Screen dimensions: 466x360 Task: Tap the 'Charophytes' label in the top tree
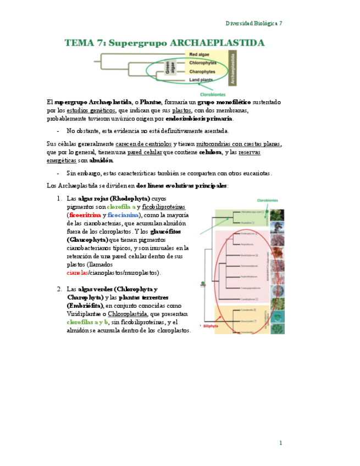pyautogui.click(x=202, y=71)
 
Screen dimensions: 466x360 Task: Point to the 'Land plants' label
pyautogui.click(x=201, y=80)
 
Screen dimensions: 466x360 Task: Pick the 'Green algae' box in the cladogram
pyautogui.click(x=170, y=68)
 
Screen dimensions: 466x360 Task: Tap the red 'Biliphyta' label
pyautogui.click(x=211, y=325)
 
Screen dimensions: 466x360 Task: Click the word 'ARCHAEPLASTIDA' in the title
pyautogui.click(x=217, y=42)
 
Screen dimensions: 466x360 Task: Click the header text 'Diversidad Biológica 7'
pyautogui.click(x=254, y=23)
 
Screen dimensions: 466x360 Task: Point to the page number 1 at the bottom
pyautogui.click(x=280, y=442)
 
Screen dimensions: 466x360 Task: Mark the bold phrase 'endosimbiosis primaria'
pyautogui.click(x=199, y=118)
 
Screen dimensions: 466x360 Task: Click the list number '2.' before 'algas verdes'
pyautogui.click(x=59, y=289)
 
